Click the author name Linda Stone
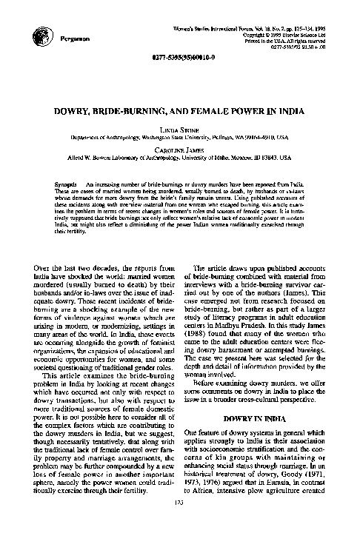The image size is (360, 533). (x=179, y=130)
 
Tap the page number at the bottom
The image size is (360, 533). (x=179, y=523)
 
